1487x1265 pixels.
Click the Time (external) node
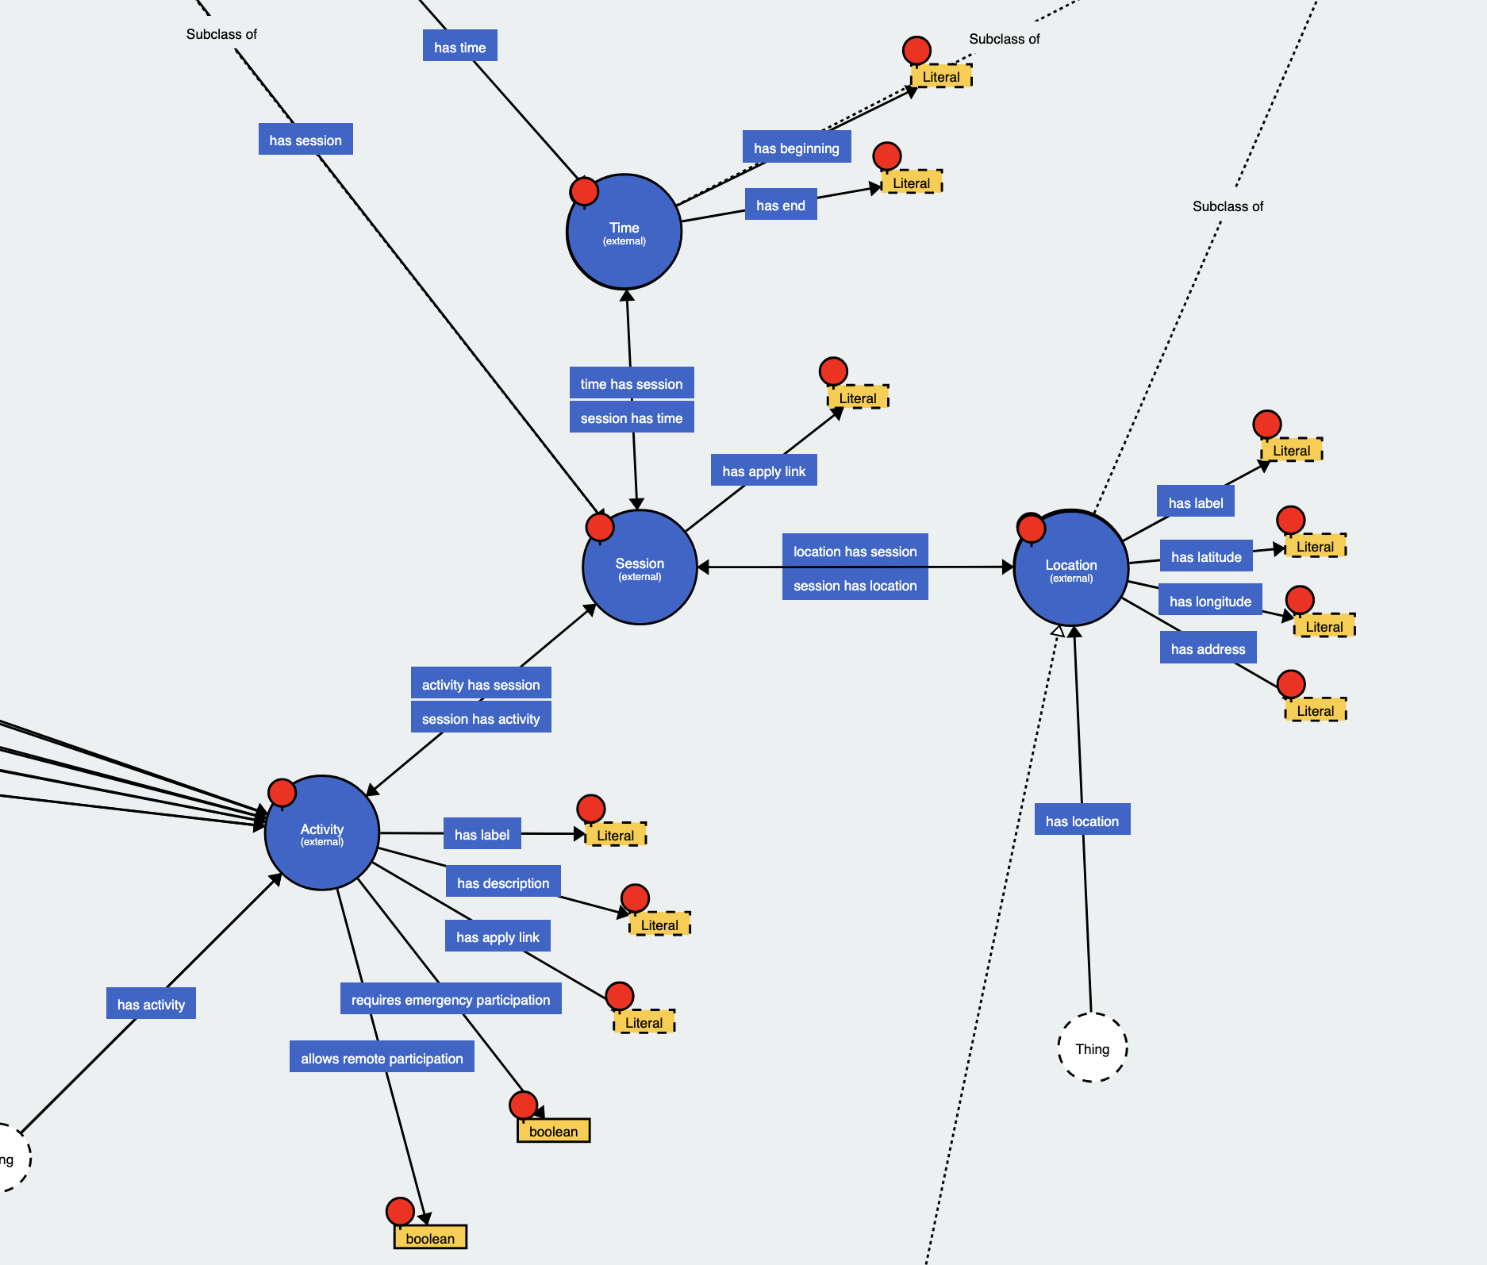(624, 233)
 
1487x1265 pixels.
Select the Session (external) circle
(640, 567)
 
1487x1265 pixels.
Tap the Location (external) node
(1071, 568)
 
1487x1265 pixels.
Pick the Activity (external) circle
(322, 833)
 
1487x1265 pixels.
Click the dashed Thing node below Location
(1093, 1048)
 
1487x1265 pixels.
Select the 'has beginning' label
(796, 148)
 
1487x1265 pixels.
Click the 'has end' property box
(781, 205)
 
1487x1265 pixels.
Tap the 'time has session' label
(632, 383)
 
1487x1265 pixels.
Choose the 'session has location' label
(855, 586)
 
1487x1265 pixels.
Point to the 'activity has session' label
(481, 684)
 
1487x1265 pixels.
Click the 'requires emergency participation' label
(451, 999)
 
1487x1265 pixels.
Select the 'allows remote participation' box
(382, 1058)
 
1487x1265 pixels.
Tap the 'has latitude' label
(1206, 556)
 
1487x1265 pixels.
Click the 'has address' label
(1208, 648)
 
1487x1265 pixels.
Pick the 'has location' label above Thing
(1082, 821)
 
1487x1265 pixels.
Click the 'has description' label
(503, 882)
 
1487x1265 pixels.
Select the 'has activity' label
(151, 1004)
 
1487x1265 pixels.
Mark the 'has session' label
(305, 140)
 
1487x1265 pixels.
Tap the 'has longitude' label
(1210, 601)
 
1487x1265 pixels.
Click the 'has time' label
(460, 47)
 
